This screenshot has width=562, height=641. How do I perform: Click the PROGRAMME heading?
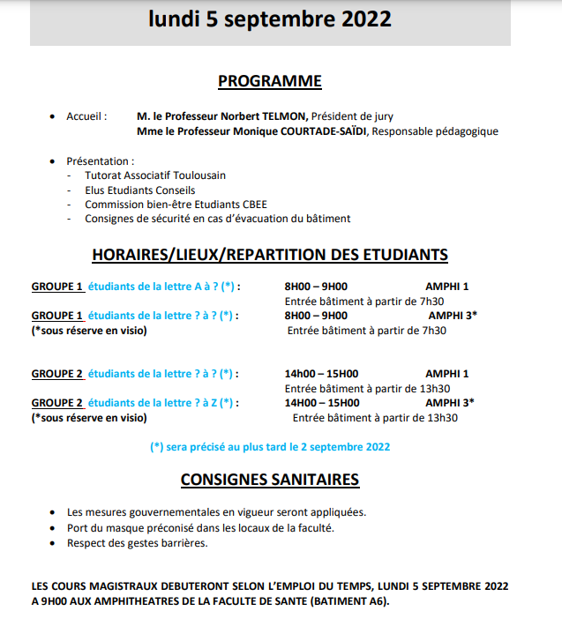(270, 81)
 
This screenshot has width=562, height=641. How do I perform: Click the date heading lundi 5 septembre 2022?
(270, 20)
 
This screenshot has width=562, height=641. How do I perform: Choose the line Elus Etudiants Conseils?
(140, 190)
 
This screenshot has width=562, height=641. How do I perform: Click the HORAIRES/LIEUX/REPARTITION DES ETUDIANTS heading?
(270, 255)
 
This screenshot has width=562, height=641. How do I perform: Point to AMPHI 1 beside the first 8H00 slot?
(446, 287)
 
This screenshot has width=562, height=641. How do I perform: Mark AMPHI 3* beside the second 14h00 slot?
(450, 402)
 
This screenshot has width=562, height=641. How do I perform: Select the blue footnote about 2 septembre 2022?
(270, 446)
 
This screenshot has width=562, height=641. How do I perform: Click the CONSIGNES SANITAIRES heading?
(270, 480)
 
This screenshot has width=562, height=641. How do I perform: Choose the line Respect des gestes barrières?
(138, 542)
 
